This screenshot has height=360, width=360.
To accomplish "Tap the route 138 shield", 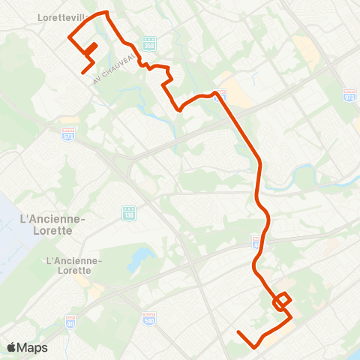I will coord(128,214).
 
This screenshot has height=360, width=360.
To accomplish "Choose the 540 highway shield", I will coord(148,318).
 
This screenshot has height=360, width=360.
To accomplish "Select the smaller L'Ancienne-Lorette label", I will coord(73,265).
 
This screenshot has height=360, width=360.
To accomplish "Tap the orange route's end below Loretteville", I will coord(82,73).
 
